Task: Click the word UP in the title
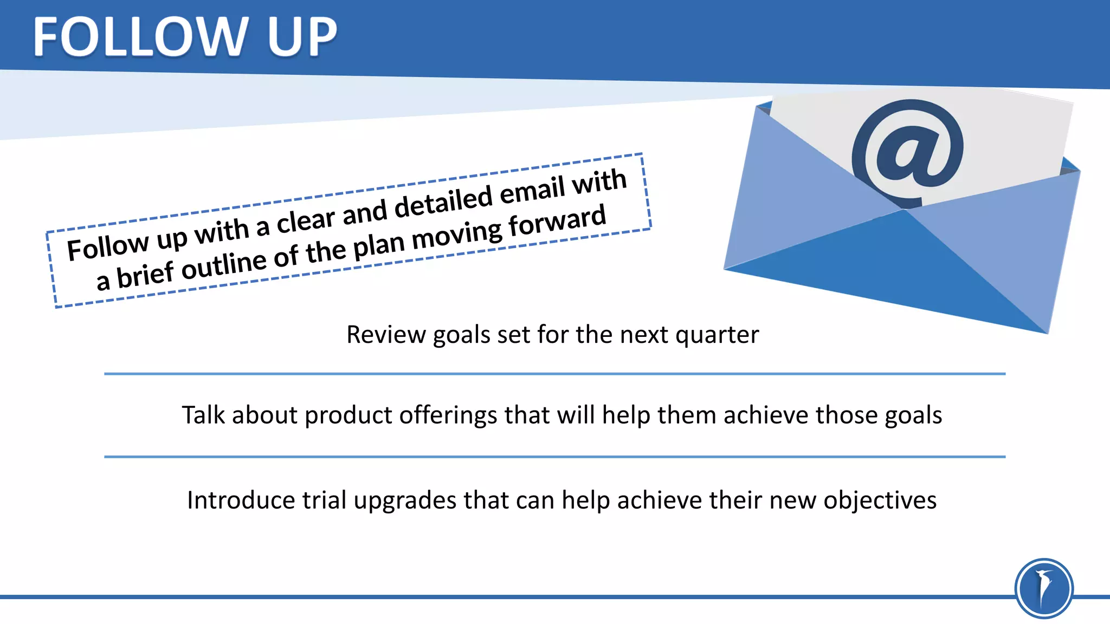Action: coord(301,37)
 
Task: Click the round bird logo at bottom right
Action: coord(1044,588)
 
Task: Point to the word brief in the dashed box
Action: coord(145,274)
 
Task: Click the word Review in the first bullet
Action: coord(386,335)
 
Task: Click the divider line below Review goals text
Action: coord(554,374)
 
